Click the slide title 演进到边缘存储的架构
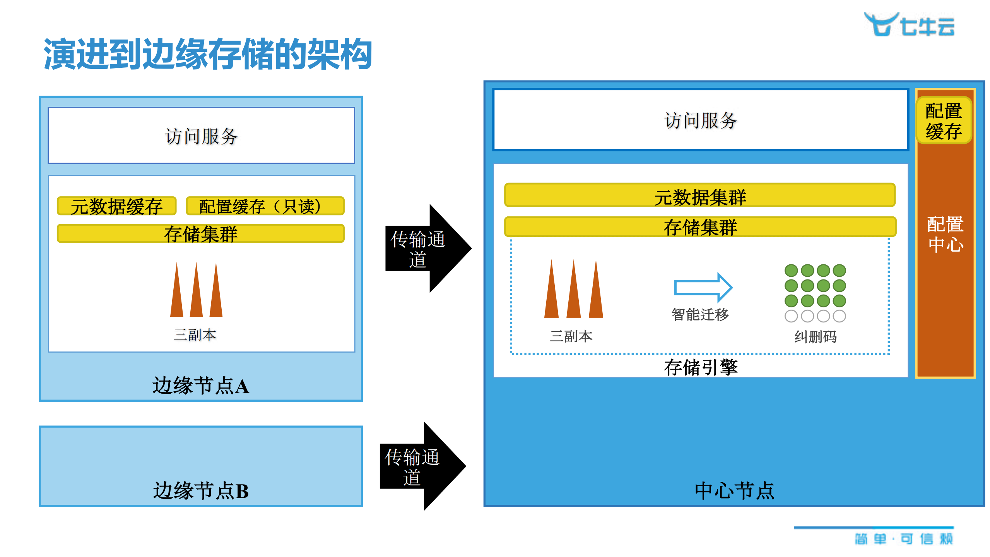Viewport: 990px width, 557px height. coord(208,54)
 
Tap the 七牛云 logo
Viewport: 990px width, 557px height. coord(909,25)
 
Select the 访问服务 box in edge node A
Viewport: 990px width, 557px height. coord(201,135)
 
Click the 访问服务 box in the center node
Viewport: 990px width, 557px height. coord(700,120)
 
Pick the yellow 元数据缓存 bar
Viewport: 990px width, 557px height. coord(116,206)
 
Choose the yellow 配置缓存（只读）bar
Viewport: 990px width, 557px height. coord(265,206)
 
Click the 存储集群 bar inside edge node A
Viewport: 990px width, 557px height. coord(200,234)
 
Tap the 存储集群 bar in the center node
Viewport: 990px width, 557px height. coord(700,227)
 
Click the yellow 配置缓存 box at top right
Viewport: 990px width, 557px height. coord(944,121)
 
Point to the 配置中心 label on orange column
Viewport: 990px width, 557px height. coord(945,234)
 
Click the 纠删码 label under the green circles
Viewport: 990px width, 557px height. coord(816,337)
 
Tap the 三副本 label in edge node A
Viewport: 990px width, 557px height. coord(195,335)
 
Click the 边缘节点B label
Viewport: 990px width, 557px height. coord(200,491)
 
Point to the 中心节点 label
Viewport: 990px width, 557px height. coord(734,491)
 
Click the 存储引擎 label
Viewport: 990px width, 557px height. coord(701,367)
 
